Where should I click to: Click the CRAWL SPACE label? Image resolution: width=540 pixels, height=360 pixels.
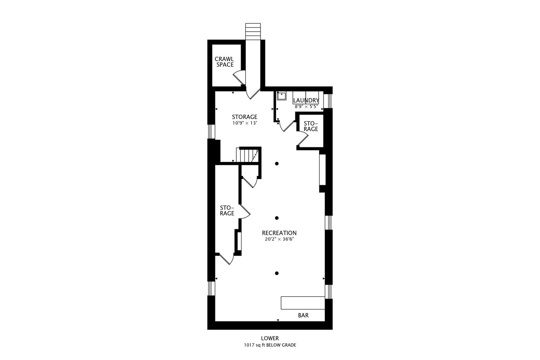point(224,62)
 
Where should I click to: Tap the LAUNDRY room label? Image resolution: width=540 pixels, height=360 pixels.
point(306,100)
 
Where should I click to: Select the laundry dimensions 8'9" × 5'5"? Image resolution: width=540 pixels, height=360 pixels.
point(306,107)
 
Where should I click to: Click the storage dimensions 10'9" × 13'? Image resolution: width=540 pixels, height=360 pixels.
point(245,123)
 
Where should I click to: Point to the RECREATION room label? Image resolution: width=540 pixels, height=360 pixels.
point(279,233)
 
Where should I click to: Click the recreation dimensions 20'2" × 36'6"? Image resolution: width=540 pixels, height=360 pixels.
point(279,239)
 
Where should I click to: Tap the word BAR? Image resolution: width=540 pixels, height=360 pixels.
point(303,315)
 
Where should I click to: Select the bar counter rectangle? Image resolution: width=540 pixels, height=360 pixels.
point(303,303)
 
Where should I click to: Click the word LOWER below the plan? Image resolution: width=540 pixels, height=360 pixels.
point(270,338)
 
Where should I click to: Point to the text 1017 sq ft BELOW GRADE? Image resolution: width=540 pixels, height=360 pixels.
point(270,345)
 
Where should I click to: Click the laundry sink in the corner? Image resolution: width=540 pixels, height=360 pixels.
point(282,96)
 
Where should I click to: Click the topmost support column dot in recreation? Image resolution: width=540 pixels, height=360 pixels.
point(277,164)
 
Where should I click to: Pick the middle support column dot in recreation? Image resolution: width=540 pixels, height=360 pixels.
point(277,218)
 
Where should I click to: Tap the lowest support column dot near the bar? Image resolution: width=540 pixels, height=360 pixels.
point(277,273)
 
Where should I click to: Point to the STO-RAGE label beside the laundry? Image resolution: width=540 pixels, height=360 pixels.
point(311,126)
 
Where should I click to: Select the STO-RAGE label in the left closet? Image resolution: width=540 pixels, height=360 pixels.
point(227,211)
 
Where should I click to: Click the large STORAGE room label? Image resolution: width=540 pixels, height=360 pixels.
point(245,117)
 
